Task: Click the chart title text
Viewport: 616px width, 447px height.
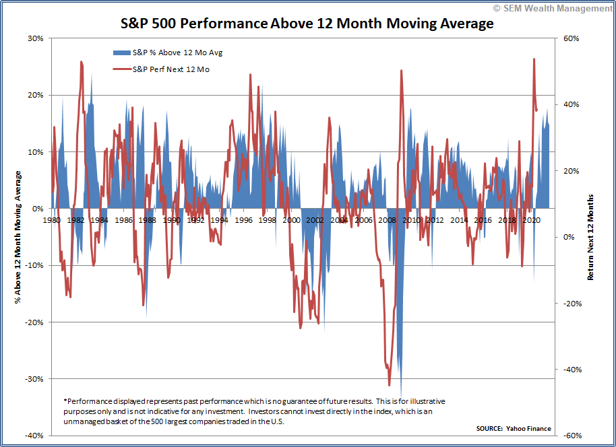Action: (x=307, y=24)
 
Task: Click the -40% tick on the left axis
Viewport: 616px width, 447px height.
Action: (x=33, y=436)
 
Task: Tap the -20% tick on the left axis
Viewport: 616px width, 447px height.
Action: (x=33, y=322)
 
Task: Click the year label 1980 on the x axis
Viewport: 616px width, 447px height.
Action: (x=52, y=220)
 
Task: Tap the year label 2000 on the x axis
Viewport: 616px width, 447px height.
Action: (x=291, y=220)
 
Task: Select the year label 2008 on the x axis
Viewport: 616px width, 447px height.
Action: (x=387, y=220)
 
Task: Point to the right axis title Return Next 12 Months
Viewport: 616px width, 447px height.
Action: (x=591, y=237)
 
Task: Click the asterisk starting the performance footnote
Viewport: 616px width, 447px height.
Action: (x=65, y=401)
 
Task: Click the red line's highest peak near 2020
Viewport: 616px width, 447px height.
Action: (x=534, y=59)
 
